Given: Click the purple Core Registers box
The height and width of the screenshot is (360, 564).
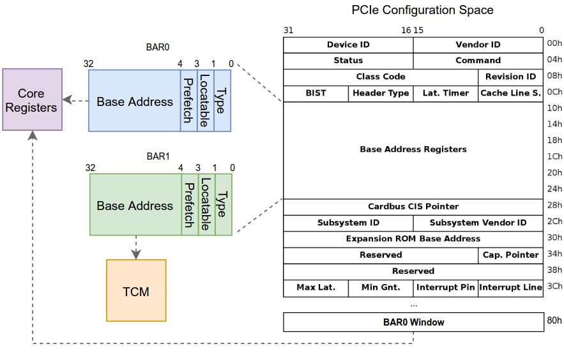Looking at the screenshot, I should pyautogui.click(x=32, y=100).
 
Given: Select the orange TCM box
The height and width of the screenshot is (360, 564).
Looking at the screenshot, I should pyautogui.click(x=136, y=290).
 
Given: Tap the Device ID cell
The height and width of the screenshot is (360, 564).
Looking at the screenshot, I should pyautogui.click(x=348, y=45).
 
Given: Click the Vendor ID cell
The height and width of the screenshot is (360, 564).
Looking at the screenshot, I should pyautogui.click(x=478, y=45).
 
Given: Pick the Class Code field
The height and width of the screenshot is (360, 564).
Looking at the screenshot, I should pyautogui.click(x=381, y=77).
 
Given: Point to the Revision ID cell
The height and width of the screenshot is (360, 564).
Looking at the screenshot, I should pyautogui.click(x=510, y=77).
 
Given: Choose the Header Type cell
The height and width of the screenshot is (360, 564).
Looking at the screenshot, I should pyautogui.click(x=381, y=93).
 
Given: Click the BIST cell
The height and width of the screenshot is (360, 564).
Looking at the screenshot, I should pyautogui.click(x=316, y=93).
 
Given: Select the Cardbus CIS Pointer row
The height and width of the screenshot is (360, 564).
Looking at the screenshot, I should pyautogui.click(x=413, y=207).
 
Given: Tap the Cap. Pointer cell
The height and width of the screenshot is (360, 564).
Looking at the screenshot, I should pyautogui.click(x=510, y=255).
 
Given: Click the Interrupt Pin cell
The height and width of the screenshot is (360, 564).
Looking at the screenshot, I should pyautogui.click(x=445, y=288).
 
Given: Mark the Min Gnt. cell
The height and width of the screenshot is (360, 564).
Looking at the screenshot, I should pyautogui.click(x=381, y=288).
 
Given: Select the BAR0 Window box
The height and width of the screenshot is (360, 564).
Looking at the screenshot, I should pyautogui.click(x=413, y=322).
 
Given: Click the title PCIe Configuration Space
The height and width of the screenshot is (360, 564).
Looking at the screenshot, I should pyautogui.click(x=422, y=10).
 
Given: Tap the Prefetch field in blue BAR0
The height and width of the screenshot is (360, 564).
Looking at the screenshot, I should pyautogui.click(x=188, y=101).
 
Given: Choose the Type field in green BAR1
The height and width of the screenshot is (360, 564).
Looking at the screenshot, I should pyautogui.click(x=223, y=205).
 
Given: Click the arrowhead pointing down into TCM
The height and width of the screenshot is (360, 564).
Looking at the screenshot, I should pyautogui.click(x=136, y=255).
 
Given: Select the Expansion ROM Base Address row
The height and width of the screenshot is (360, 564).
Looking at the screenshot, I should pyautogui.click(x=413, y=239).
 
